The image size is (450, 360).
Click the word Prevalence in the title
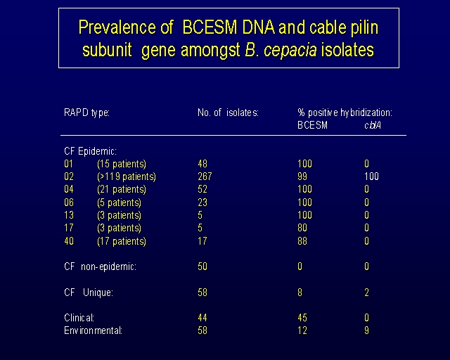point(118,27)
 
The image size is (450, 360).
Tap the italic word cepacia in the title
point(290,50)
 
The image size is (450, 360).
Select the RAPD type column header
point(86,112)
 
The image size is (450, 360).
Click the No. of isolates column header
point(228,112)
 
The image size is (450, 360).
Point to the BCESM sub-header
point(312,125)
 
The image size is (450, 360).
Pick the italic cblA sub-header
point(373,125)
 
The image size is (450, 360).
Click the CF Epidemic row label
point(91,151)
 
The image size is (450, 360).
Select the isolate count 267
point(205,176)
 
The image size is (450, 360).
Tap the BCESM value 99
point(302,176)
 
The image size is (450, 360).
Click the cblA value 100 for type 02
point(371,176)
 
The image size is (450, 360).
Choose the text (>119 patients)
point(127,176)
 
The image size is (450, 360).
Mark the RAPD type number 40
point(69,241)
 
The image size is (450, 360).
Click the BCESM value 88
point(302,241)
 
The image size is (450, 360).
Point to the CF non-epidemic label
point(100,266)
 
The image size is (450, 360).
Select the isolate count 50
point(202,266)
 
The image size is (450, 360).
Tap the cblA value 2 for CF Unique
point(366,292)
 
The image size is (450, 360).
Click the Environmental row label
point(93,330)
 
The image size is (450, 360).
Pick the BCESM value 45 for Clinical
point(302,318)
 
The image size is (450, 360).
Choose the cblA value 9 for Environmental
point(366,330)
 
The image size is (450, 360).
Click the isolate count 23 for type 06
point(202,202)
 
